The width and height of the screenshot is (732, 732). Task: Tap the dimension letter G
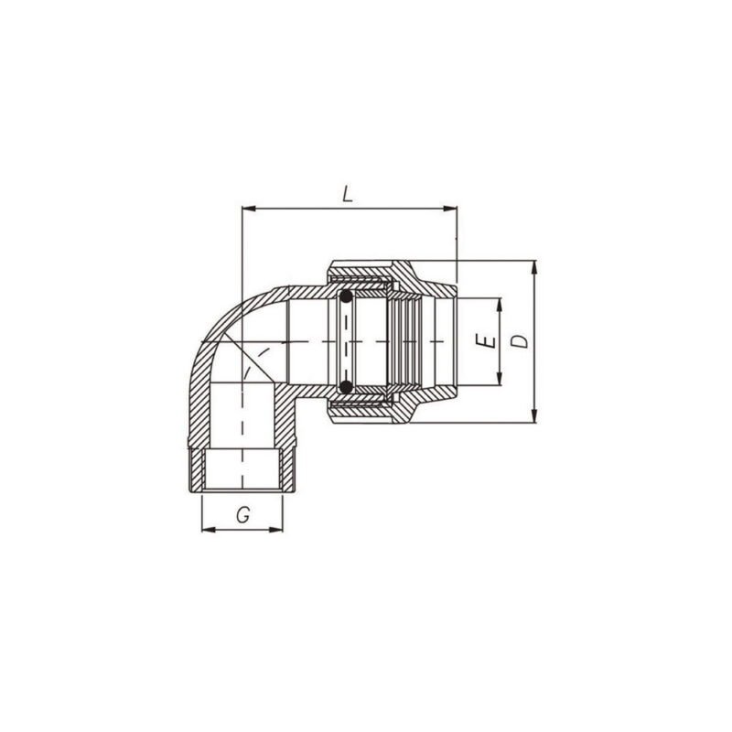[x=243, y=515]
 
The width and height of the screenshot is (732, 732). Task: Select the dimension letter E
[x=489, y=342]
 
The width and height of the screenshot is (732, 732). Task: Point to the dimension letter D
[x=519, y=342]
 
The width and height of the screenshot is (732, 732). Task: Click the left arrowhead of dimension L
[x=245, y=210]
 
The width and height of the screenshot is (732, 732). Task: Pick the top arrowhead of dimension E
[x=501, y=303]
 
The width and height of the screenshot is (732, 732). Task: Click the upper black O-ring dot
[x=346, y=297]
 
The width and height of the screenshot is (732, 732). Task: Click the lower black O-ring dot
[x=346, y=388]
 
